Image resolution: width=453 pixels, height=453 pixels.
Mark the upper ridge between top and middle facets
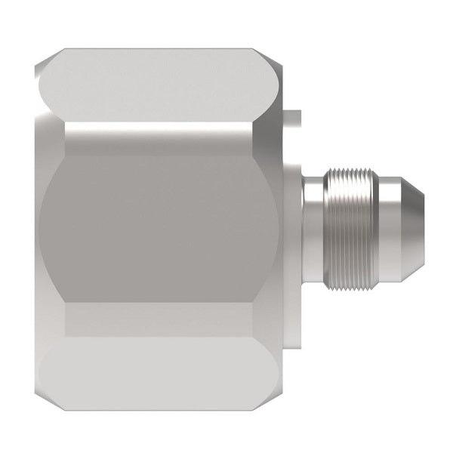pos(166,125)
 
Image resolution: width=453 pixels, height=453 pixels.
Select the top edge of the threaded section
pos(353,174)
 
